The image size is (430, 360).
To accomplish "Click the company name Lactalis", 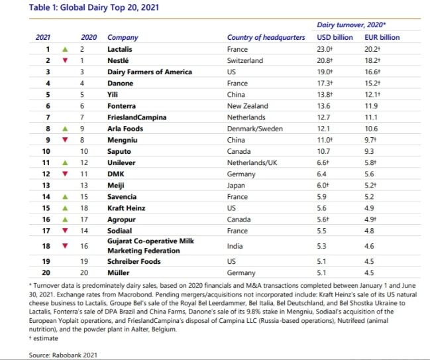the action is click(119, 49).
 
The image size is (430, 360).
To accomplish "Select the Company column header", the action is click(123, 38).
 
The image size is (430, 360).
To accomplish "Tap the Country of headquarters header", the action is click(266, 38).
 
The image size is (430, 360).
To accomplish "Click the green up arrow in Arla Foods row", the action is click(65, 129).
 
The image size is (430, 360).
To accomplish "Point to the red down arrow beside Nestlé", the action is click(65, 60).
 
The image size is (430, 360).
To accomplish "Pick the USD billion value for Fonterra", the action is click(322, 106).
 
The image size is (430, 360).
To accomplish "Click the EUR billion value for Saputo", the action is click(369, 151).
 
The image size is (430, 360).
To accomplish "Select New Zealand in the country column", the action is click(248, 106).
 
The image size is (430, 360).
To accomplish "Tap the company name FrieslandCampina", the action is click(137, 117).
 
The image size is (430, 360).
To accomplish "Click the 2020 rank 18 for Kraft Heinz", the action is click(84, 208).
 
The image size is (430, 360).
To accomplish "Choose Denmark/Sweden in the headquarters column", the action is click(255, 129).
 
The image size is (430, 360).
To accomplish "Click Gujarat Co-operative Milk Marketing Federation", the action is click(150, 246).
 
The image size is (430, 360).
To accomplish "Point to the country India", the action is click(235, 246).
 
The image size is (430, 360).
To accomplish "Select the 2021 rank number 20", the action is click(46, 272).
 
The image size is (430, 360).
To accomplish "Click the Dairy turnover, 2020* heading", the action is click(351, 25).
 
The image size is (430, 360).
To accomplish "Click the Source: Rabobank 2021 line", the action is click(63, 355).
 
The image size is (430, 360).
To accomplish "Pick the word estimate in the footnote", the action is click(46, 338).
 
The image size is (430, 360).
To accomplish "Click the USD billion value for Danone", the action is click(325, 83).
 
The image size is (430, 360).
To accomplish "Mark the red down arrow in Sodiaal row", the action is click(65, 231).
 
